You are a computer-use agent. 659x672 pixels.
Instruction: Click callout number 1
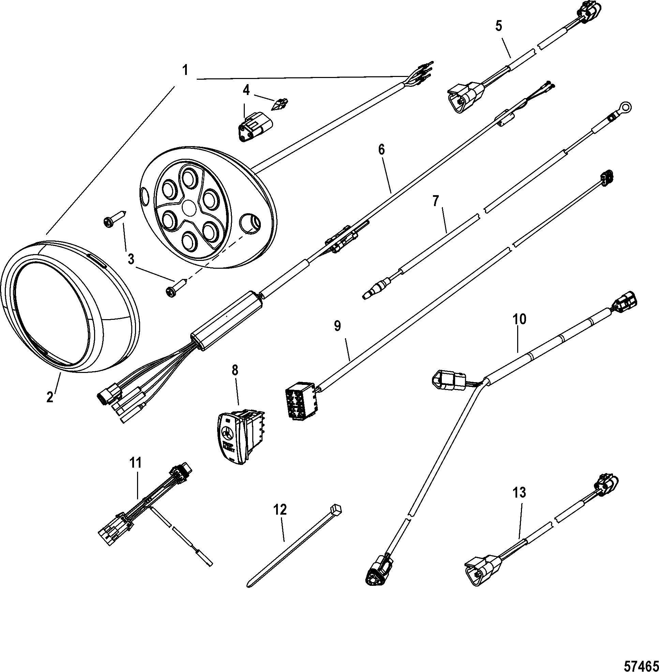coord(185,71)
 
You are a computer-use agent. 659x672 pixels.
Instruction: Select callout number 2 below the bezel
coord(50,397)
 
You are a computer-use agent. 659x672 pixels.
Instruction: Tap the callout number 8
coord(235,371)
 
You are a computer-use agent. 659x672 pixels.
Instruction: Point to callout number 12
coord(280,510)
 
